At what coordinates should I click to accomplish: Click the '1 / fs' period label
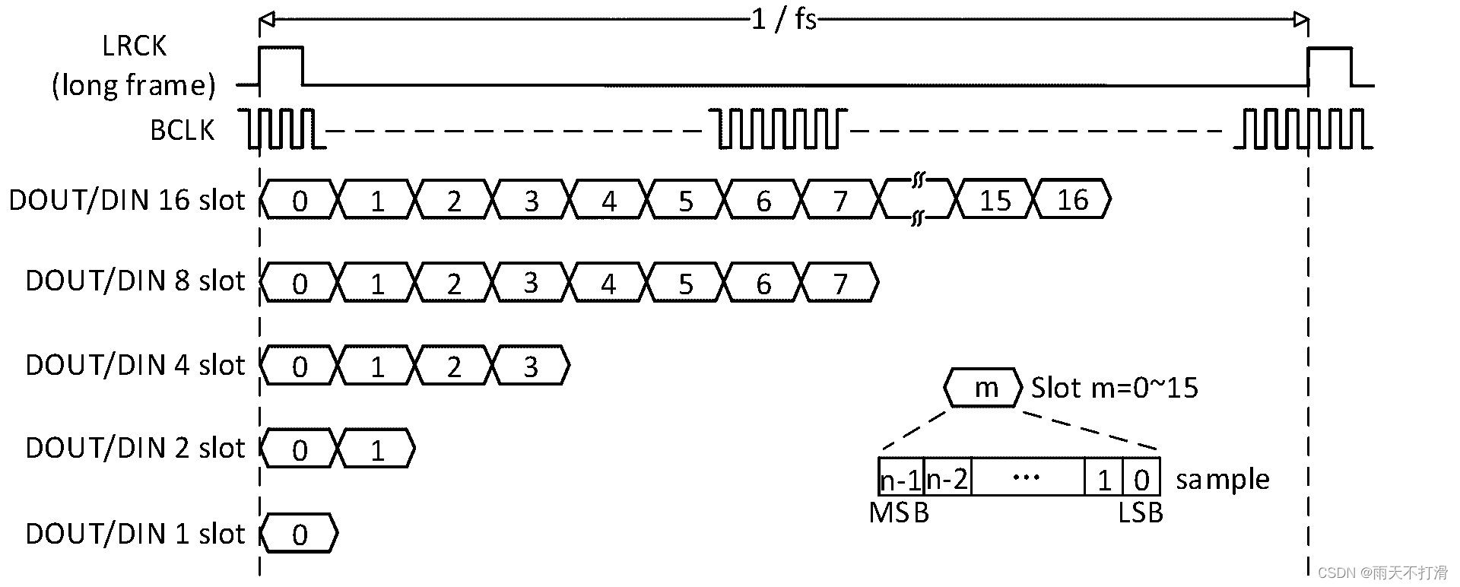784,19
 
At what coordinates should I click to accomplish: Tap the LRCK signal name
134,46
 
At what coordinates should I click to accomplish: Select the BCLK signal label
182,131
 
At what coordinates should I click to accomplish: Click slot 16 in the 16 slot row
1072,200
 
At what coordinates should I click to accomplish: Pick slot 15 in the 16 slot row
995,200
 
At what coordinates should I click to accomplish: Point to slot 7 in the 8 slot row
839,283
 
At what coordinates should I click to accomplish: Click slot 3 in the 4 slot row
531,366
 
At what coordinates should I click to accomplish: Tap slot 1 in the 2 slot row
377,450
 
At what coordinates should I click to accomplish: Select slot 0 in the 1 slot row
300,535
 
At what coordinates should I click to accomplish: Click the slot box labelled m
985,389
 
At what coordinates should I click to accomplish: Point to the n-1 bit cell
900,479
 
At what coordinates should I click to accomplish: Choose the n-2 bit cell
947,479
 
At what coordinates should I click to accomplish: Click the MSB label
899,513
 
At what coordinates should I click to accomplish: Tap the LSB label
1141,513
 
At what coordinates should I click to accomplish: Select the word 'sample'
1223,480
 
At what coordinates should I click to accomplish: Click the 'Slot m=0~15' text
1115,389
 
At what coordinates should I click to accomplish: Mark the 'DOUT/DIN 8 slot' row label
135,281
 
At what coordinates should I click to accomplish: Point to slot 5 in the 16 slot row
685,200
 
